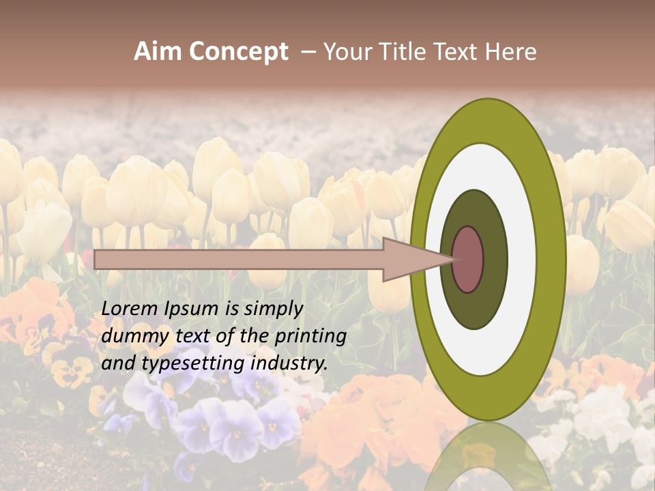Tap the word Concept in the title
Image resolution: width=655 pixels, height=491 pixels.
[x=238, y=52]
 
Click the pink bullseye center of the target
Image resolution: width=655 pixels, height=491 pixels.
[x=468, y=259]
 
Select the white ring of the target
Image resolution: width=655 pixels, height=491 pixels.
[x=525, y=259]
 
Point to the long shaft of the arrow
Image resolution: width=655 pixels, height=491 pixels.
[x=239, y=259]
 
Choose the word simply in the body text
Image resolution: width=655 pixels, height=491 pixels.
[x=272, y=310]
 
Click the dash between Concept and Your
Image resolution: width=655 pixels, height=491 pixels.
[x=308, y=52]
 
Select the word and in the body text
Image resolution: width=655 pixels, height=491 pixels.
[x=118, y=363]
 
